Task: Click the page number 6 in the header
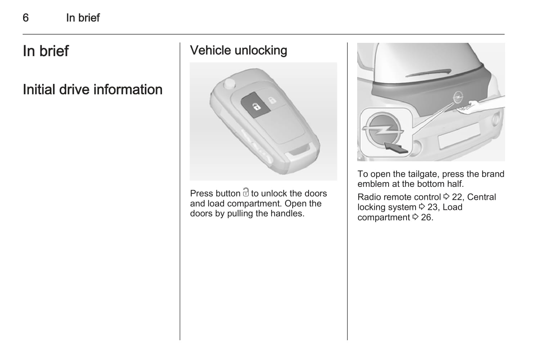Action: click(x=26, y=18)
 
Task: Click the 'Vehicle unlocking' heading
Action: click(x=238, y=50)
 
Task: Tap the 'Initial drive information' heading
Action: click(x=93, y=90)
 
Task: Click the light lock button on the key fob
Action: click(x=273, y=100)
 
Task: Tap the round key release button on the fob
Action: click(x=229, y=84)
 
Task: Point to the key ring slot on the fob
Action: click(x=298, y=152)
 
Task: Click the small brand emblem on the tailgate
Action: click(x=457, y=98)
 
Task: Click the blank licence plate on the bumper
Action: click(x=459, y=136)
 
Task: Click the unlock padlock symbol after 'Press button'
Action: click(x=246, y=192)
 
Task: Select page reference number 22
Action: click(x=457, y=197)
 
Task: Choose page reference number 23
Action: click(x=432, y=207)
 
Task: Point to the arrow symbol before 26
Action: click(x=415, y=217)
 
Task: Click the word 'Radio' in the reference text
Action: click(x=369, y=197)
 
